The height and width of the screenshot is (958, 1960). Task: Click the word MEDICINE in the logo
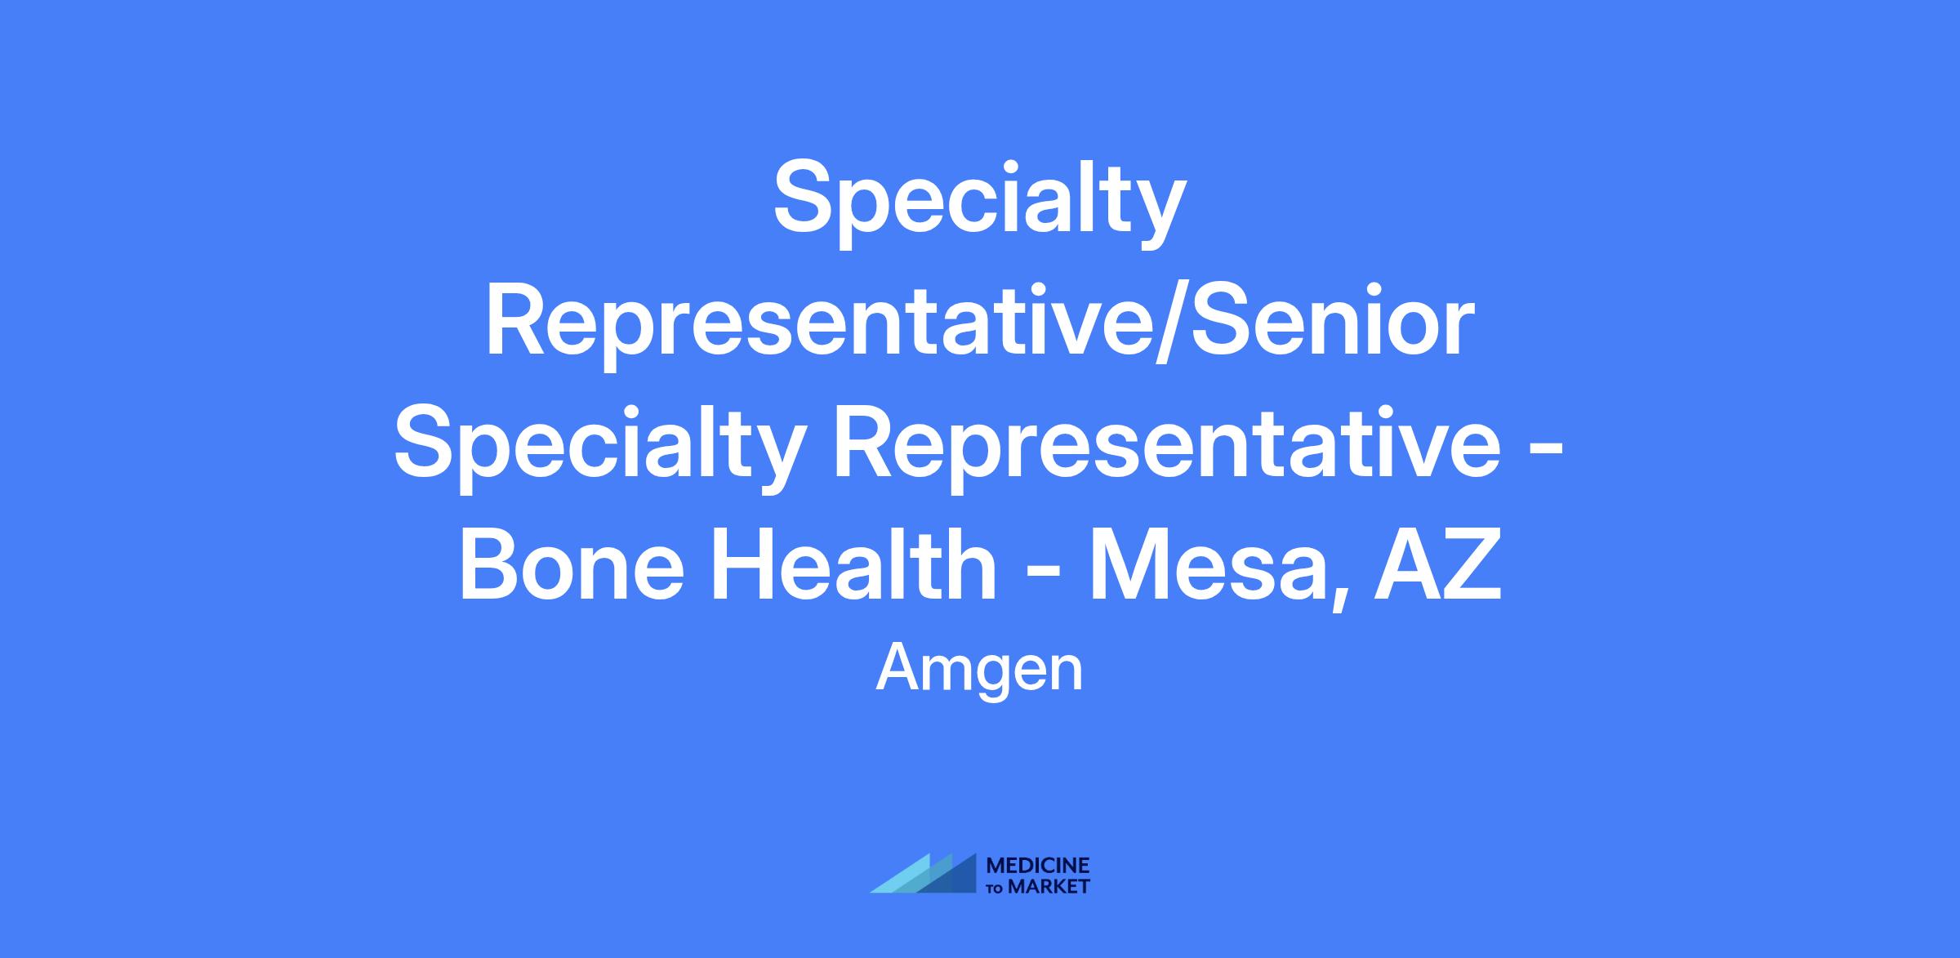[x=1038, y=866]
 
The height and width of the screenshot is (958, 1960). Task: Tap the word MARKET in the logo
[x=1049, y=886]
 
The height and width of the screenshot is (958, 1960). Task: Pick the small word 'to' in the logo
[x=996, y=888]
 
